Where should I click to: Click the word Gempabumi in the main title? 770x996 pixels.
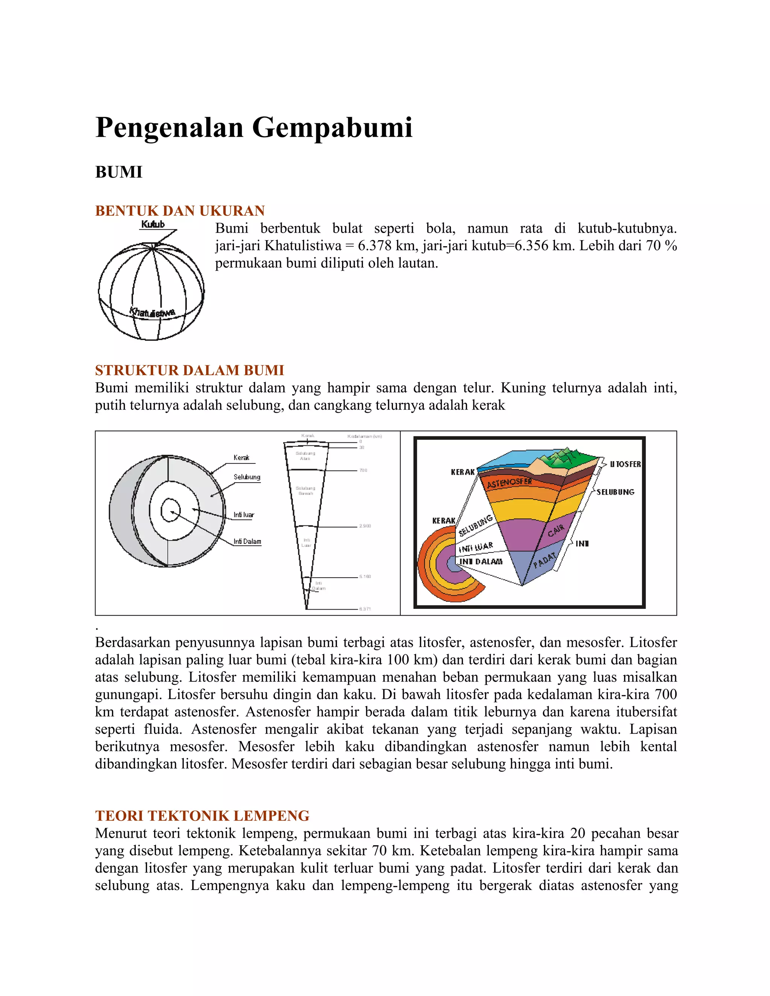[332, 128]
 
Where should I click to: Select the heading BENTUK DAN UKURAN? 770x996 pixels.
[180, 211]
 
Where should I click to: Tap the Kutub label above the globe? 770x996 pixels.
[153, 224]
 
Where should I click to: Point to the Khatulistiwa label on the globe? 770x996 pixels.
[152, 312]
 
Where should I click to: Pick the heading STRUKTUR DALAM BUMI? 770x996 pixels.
[189, 370]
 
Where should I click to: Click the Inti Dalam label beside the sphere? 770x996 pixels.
[247, 541]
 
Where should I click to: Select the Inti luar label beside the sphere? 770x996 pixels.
[244, 515]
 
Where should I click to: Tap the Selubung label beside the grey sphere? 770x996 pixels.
[247, 477]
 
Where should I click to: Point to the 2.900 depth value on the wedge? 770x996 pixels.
[365, 526]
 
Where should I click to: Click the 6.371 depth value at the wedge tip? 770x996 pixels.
[365, 609]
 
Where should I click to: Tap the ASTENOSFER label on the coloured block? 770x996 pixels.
[509, 483]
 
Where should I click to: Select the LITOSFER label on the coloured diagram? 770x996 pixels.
[625, 464]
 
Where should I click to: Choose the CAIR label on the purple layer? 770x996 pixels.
[556, 530]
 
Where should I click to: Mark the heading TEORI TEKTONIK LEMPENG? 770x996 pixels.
[202, 816]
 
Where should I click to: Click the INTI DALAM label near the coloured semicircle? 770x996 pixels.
[481, 562]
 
